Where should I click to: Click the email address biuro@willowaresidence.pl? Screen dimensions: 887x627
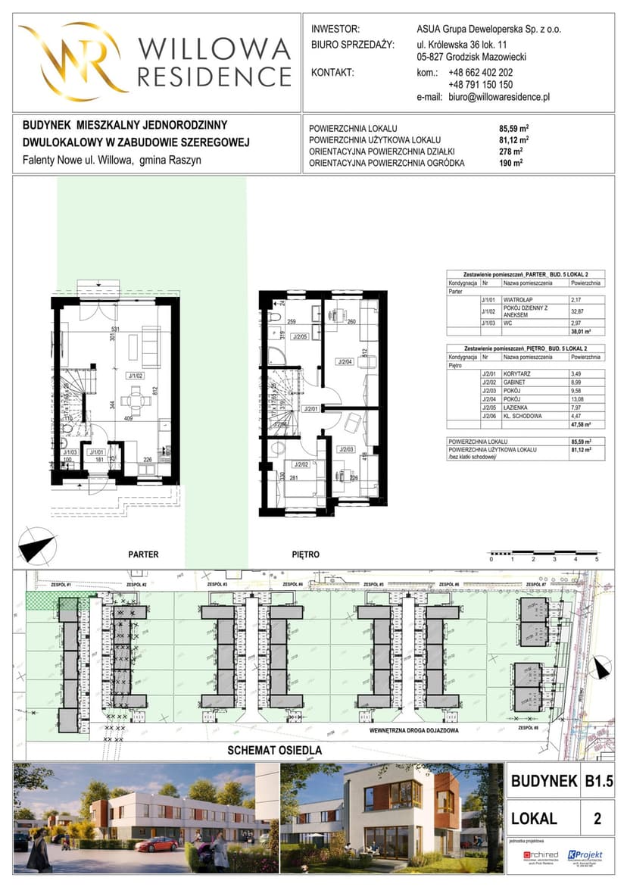tap(498, 98)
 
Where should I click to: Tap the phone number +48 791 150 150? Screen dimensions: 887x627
tap(480, 86)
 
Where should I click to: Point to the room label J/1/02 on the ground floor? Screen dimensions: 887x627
tap(136, 374)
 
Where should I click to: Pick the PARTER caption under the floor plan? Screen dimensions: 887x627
tap(143, 554)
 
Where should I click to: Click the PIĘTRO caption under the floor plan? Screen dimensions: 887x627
tap(306, 554)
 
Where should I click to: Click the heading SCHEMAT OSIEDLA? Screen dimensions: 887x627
tap(276, 751)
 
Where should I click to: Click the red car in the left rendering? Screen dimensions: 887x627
tap(157, 844)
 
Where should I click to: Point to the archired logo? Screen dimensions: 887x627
tap(541, 855)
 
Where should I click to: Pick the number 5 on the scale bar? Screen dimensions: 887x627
tap(597, 559)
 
